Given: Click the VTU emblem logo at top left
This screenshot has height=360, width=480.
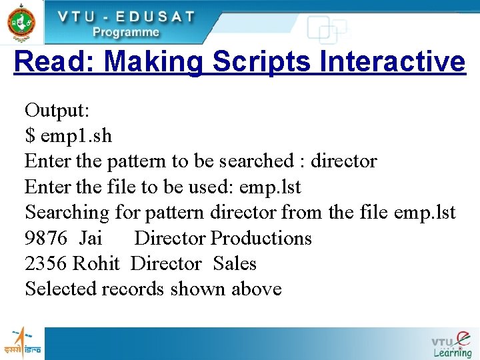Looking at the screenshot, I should [21, 22].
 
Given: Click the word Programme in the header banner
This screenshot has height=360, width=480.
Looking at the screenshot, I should [126, 32].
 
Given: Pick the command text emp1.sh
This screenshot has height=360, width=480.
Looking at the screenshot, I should [76, 136].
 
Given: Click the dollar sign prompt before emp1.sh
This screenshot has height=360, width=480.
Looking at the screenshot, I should [29, 136].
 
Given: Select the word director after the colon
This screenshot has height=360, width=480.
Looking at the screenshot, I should [344, 161].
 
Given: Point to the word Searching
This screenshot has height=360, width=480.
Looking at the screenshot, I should [67, 213].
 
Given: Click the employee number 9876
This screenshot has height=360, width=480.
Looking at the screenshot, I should [46, 238].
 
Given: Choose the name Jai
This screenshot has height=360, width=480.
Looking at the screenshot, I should [91, 238].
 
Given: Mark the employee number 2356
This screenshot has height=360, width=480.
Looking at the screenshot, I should [46, 263].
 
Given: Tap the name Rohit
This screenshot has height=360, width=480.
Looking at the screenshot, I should [96, 263].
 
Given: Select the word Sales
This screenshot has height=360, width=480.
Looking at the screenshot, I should [235, 263].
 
